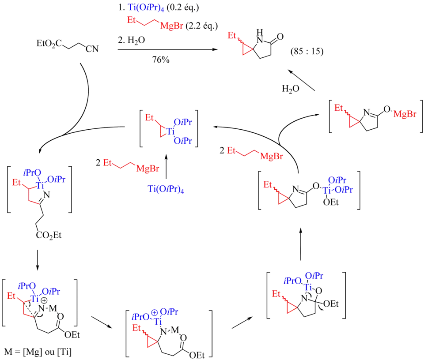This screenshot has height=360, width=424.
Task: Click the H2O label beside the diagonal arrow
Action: (x=291, y=89)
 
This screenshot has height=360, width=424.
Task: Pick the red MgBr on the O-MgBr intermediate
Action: (x=405, y=115)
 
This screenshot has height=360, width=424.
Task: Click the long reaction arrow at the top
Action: (x=168, y=50)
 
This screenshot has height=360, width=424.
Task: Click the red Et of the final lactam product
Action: (x=233, y=35)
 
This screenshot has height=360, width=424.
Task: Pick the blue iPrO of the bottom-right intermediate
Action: (x=292, y=281)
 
